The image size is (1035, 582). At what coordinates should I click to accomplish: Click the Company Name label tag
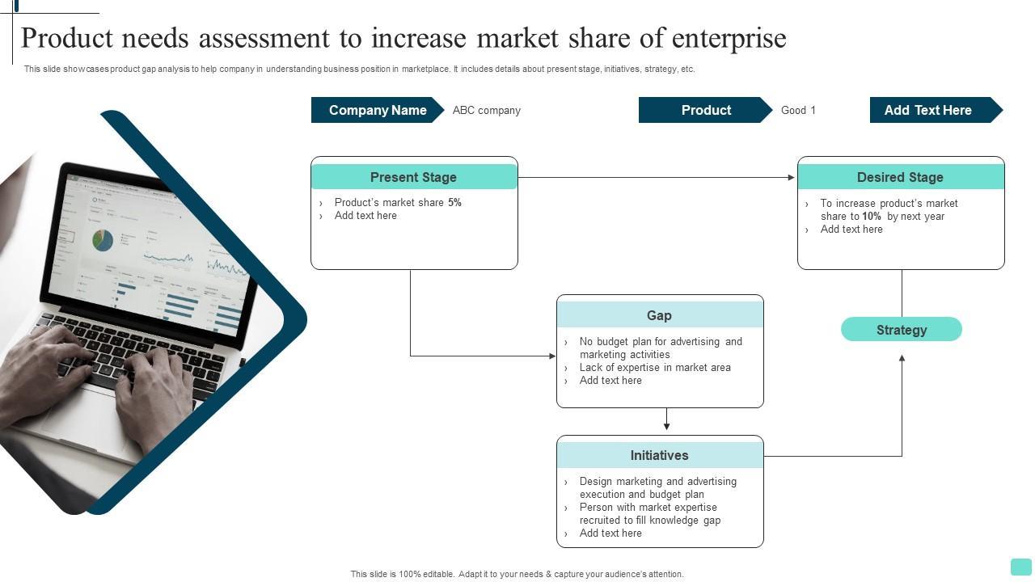(x=377, y=110)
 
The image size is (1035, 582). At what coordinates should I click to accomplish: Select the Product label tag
(x=705, y=110)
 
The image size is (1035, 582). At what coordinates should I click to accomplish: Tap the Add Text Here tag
(x=927, y=110)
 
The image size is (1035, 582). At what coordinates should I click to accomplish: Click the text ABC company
(x=486, y=111)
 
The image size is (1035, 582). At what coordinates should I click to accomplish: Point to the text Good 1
(x=798, y=111)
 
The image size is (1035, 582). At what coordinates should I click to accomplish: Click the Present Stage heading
(x=413, y=177)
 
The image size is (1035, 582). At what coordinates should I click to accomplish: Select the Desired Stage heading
(x=900, y=177)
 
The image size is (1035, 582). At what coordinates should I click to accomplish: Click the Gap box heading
(x=659, y=315)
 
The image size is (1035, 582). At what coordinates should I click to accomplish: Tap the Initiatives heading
(x=659, y=455)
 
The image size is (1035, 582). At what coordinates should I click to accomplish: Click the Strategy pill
(x=901, y=330)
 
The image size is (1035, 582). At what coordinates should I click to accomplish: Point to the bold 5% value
(x=454, y=203)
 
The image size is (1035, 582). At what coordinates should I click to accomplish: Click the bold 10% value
(x=871, y=217)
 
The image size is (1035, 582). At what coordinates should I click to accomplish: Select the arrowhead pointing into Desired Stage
(x=792, y=178)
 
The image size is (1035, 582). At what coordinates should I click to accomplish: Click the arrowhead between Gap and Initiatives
(x=666, y=426)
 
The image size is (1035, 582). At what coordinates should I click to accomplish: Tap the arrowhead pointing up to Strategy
(x=902, y=358)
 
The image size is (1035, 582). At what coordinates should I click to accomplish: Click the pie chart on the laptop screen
(x=103, y=240)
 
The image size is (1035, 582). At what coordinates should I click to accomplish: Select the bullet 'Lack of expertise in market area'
(x=655, y=368)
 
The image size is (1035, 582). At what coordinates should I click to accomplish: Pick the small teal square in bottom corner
(x=1021, y=567)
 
